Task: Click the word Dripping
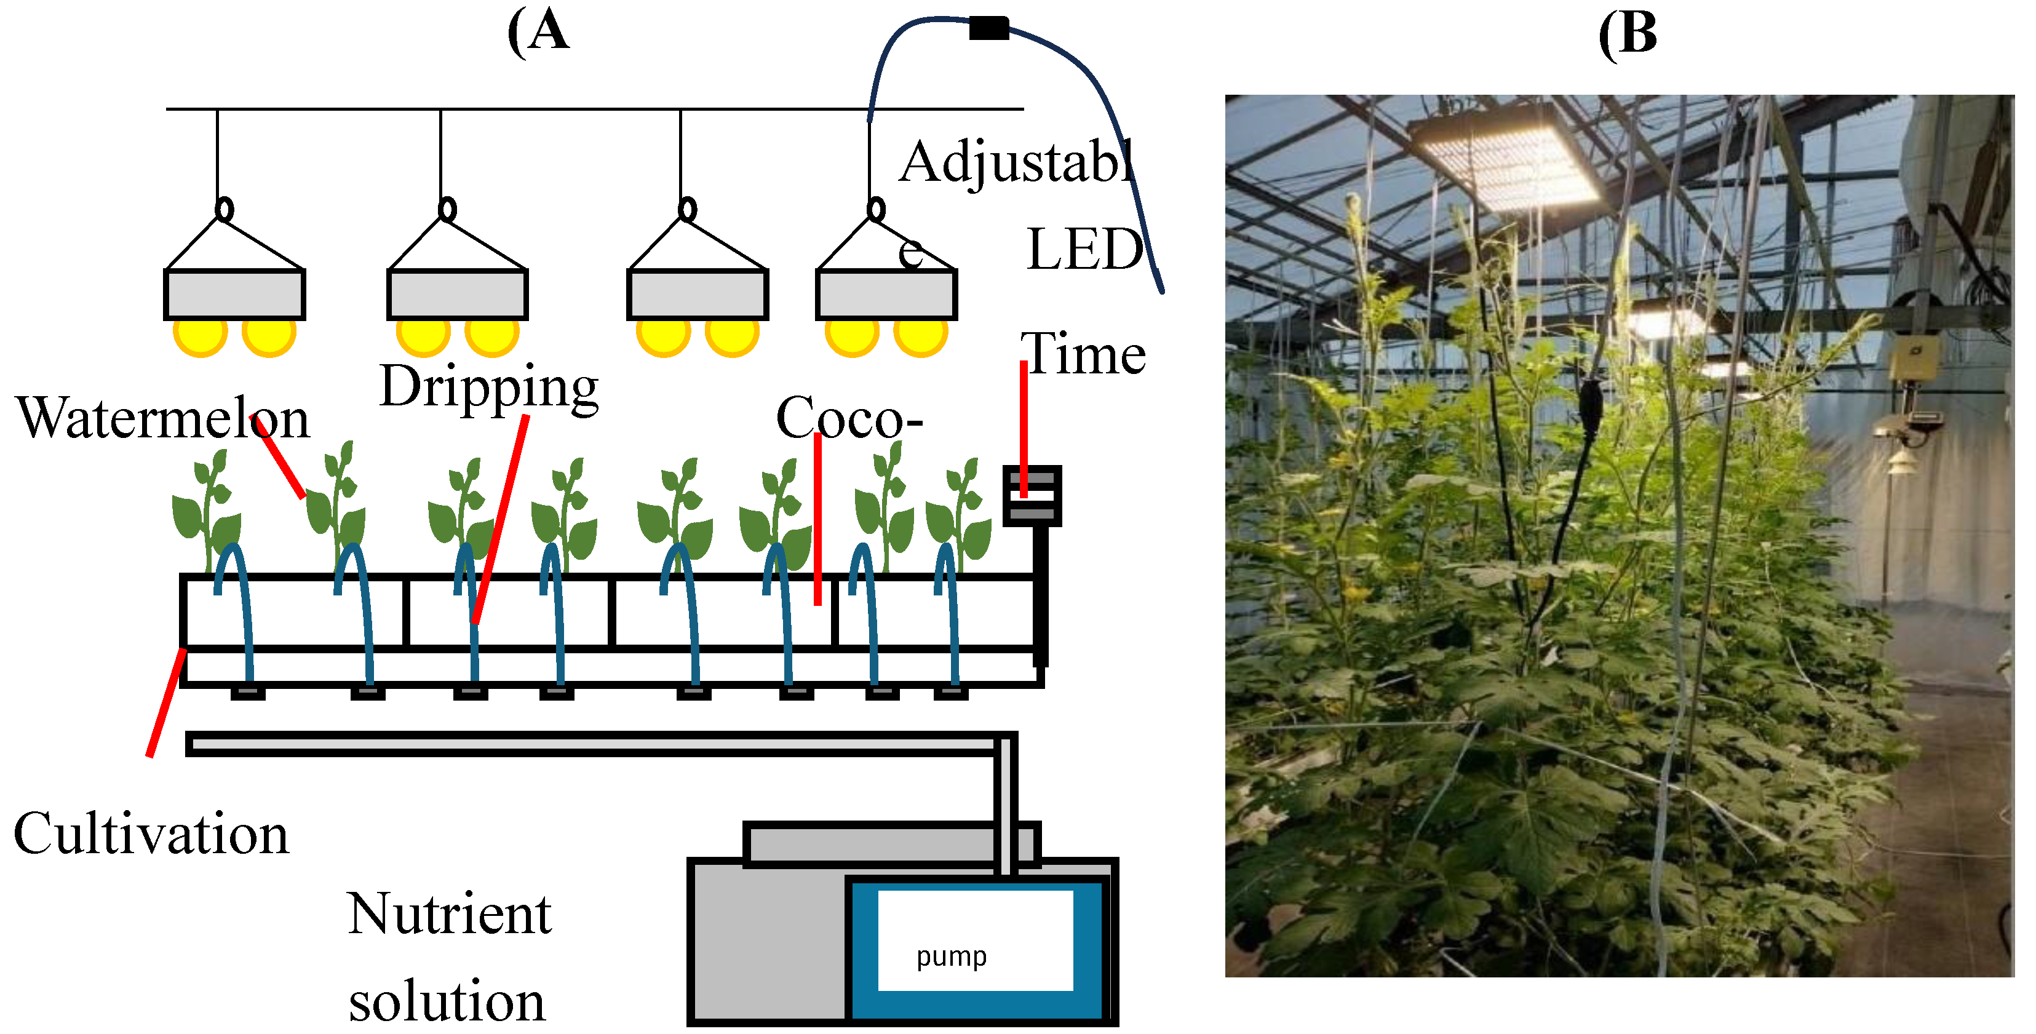pos(488,388)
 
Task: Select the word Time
pos(1082,354)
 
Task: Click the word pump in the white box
pos(951,957)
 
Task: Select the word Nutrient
pos(448,914)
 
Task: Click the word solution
pos(447,1001)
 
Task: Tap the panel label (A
pos(538,31)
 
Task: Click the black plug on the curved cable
pos(988,28)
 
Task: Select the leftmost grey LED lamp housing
pos(234,294)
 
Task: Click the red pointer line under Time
pos(1023,427)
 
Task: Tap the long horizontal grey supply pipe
pos(593,743)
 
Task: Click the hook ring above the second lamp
pos(447,210)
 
